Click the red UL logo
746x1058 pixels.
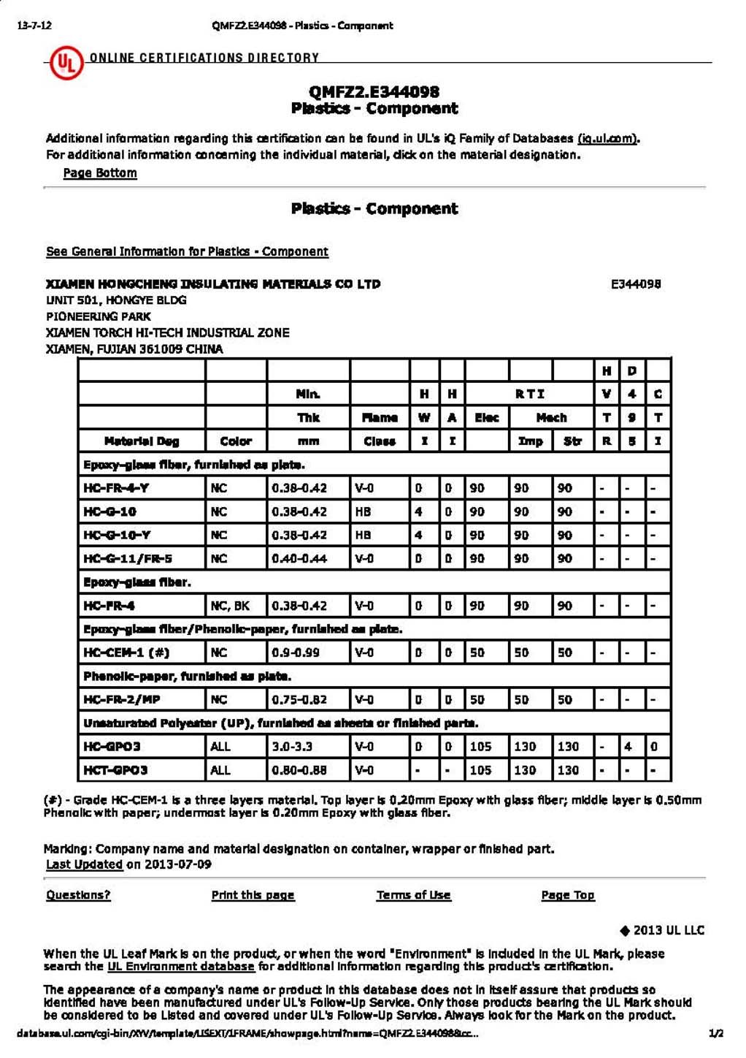(x=66, y=63)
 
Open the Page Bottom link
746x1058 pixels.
(x=100, y=173)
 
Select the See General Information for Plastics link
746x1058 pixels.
(x=187, y=251)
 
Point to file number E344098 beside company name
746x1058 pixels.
(x=636, y=284)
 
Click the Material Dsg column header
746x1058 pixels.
(x=142, y=441)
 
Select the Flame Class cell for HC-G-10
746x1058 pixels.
(x=364, y=511)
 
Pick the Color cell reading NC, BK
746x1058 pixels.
(x=230, y=606)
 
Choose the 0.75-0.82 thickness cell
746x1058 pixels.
(x=299, y=699)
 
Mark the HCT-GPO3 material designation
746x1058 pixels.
(x=115, y=770)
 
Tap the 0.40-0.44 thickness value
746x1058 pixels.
(x=299, y=559)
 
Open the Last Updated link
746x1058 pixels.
(x=84, y=864)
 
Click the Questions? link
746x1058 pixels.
(x=78, y=895)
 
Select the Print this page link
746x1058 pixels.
(x=253, y=895)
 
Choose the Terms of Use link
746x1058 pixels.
(x=413, y=895)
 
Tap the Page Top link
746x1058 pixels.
(x=568, y=895)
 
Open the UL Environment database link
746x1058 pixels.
(x=181, y=967)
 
